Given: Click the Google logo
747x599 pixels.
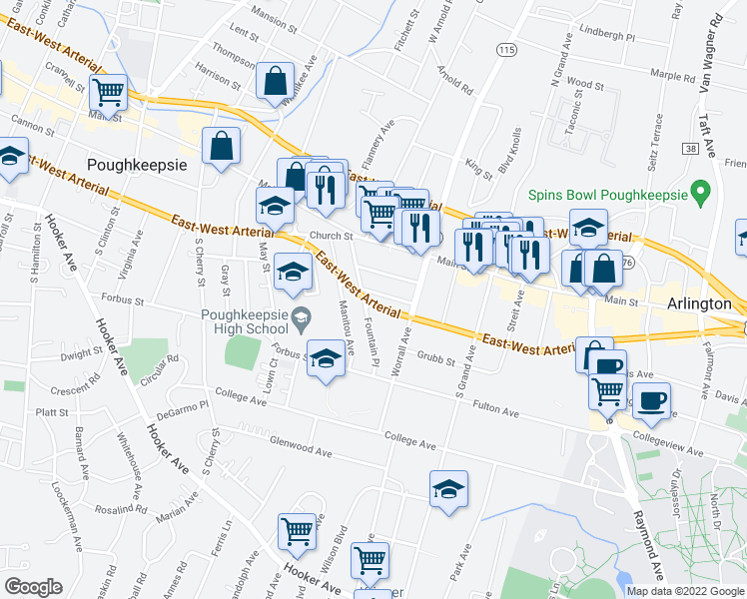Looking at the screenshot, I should [33, 587].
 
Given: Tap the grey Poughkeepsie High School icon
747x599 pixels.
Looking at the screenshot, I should [299, 317].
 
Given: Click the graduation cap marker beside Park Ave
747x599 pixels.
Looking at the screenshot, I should [449, 488].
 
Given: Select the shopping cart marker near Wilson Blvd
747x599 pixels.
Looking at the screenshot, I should [298, 531].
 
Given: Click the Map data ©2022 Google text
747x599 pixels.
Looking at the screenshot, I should [684, 591].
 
